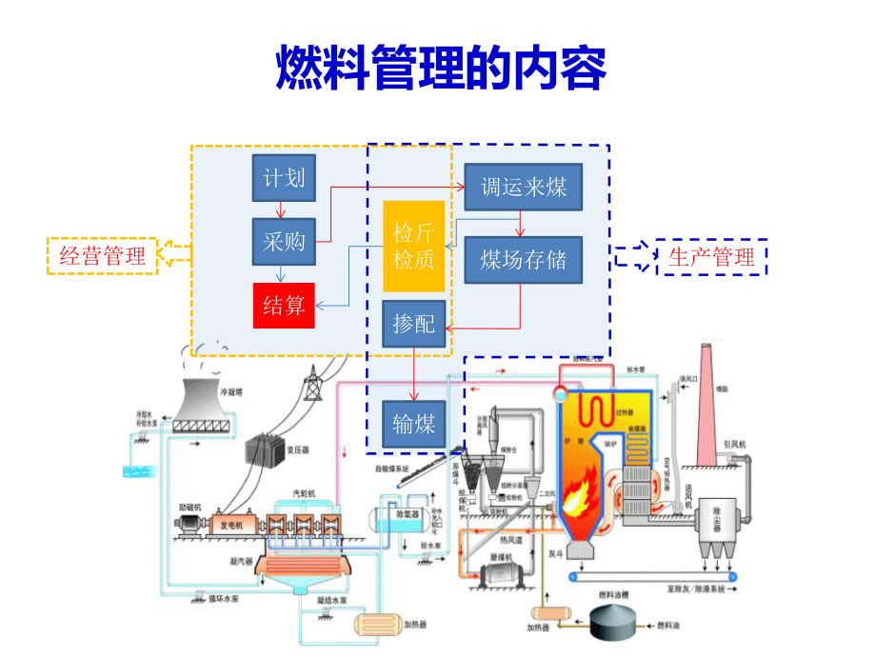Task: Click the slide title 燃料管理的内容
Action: click(440, 68)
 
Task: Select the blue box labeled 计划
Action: click(284, 178)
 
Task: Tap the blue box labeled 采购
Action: click(284, 242)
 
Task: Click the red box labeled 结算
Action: click(284, 305)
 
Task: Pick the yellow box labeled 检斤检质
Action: click(413, 246)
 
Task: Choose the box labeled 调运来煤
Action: click(523, 187)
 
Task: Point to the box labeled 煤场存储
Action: click(523, 260)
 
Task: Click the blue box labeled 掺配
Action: click(413, 324)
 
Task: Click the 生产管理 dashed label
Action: click(711, 256)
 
